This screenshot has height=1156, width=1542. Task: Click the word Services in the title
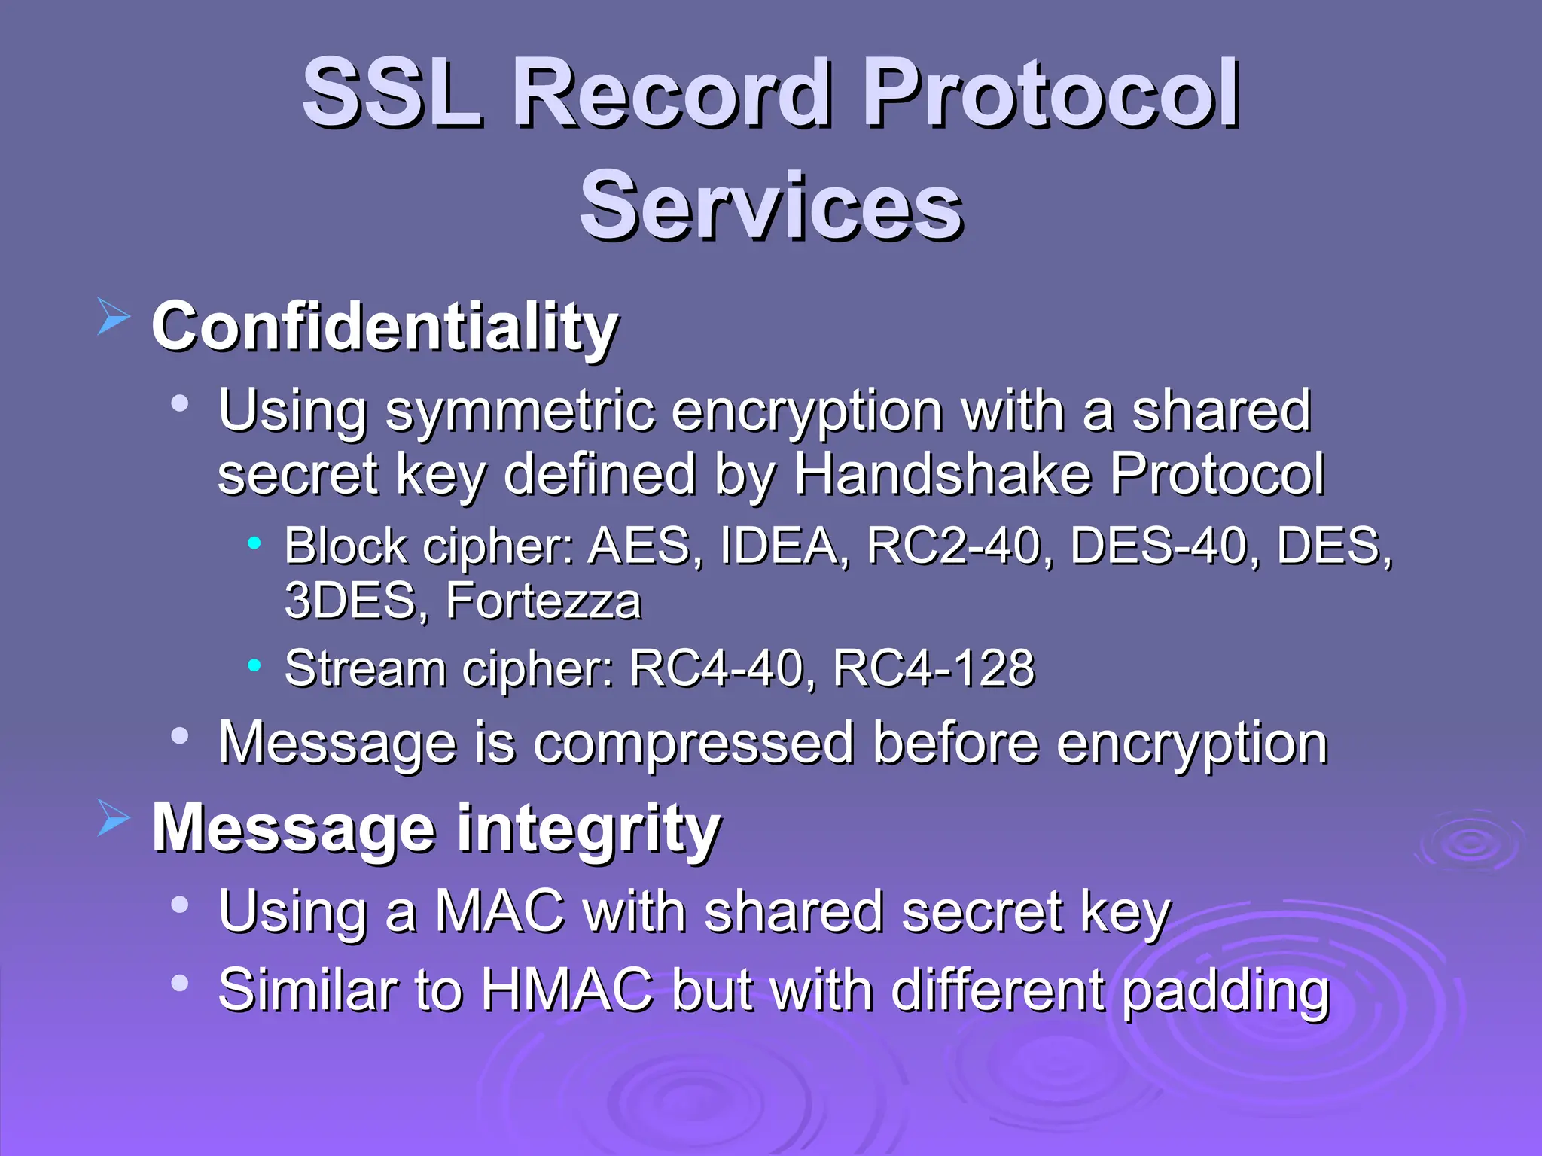[x=771, y=205]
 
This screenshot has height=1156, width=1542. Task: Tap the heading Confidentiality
[x=384, y=327]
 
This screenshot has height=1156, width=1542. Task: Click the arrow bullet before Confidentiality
[x=114, y=315]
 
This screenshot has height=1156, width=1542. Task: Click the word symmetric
[x=520, y=412]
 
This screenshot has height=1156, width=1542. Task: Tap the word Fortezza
[x=543, y=601]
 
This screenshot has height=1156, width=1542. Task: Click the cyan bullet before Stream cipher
[x=254, y=665]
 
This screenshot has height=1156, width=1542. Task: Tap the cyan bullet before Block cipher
[x=254, y=541]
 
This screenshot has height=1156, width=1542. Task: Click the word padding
[x=1225, y=992]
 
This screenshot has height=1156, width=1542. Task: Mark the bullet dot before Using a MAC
[x=179, y=904]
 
